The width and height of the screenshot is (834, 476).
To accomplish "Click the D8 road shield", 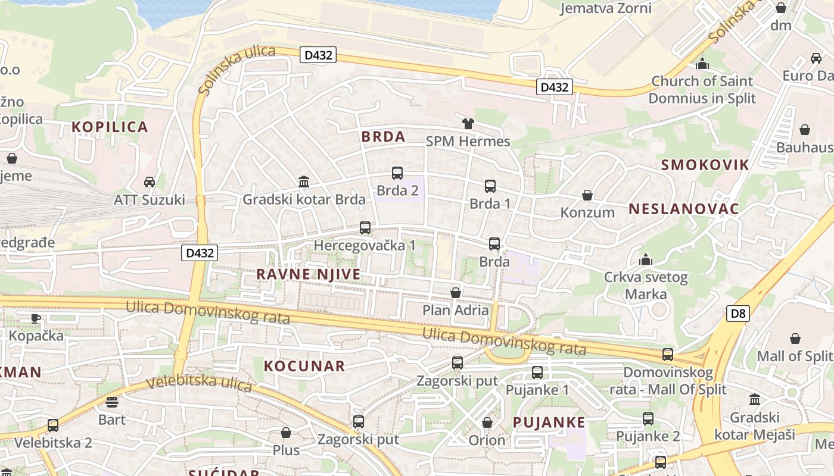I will click(737, 313).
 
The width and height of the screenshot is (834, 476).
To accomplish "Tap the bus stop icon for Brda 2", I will click(397, 173).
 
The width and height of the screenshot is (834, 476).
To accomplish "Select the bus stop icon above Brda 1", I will click(490, 186).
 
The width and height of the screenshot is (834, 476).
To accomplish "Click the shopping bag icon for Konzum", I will click(587, 195).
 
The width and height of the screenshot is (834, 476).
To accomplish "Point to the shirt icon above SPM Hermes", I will click(468, 124).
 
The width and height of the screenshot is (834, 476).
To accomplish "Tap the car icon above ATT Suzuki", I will click(150, 182).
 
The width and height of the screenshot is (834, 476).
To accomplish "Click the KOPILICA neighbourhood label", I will click(110, 127).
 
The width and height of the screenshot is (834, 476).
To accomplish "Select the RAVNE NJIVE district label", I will click(309, 274).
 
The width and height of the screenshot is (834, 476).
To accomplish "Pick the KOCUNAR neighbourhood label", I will click(304, 366).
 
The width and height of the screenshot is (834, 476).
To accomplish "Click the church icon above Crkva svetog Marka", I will click(645, 259).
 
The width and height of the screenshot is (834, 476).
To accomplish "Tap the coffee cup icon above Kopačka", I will click(36, 318).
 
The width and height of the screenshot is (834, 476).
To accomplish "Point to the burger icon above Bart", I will click(112, 402).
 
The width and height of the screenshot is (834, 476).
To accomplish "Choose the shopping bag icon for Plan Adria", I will click(456, 293).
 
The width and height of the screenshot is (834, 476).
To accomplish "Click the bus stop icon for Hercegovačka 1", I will click(365, 228).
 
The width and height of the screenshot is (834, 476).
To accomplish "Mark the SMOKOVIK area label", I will click(705, 165).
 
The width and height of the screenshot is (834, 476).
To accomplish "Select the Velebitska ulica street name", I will click(199, 383).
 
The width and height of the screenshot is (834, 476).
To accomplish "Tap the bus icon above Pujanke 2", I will click(648, 419).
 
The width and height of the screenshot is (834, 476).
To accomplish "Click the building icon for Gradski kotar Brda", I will click(304, 181).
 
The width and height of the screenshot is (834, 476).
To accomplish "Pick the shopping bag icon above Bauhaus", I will click(805, 130).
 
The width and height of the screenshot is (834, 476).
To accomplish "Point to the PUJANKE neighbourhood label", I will click(549, 422).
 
